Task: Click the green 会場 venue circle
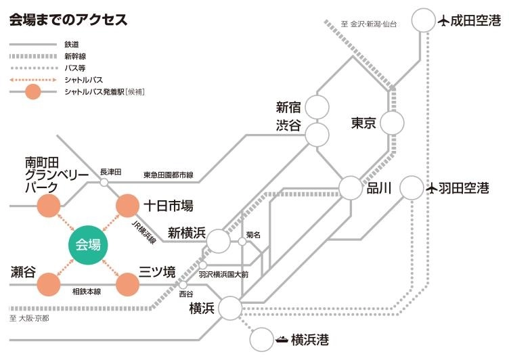pos(89,244)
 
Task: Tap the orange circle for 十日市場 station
pos(127,206)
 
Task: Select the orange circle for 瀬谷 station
pos(49,284)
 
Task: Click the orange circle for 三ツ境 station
pos(127,284)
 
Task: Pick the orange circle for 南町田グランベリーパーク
pos(49,206)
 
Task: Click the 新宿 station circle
pos(316,106)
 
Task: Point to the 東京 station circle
pos(392,123)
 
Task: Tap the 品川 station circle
pos(351,188)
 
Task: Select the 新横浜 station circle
pos(218,240)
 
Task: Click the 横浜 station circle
pos(229,309)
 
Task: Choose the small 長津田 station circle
pos(104,182)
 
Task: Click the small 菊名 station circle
pos(242,241)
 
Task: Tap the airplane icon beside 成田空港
pos(444,21)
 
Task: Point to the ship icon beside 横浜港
pos(282,338)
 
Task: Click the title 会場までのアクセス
pos(68,20)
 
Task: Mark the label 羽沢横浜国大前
pos(224,275)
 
